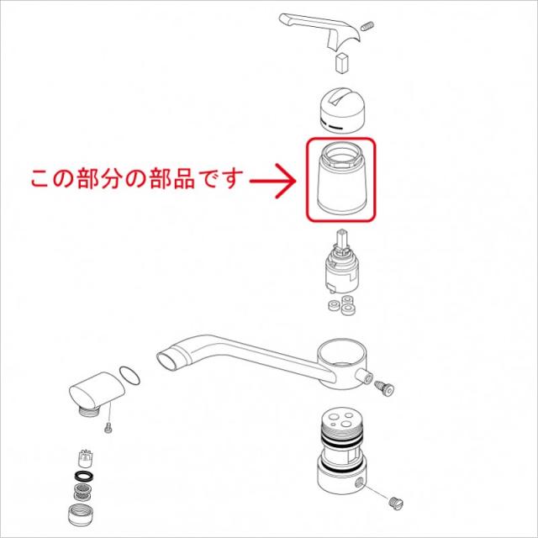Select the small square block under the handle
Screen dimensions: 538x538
pyautogui.click(x=341, y=62)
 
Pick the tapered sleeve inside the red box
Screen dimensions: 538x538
pyautogui.click(x=341, y=182)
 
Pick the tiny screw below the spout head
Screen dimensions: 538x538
pyautogui.click(x=108, y=430)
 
